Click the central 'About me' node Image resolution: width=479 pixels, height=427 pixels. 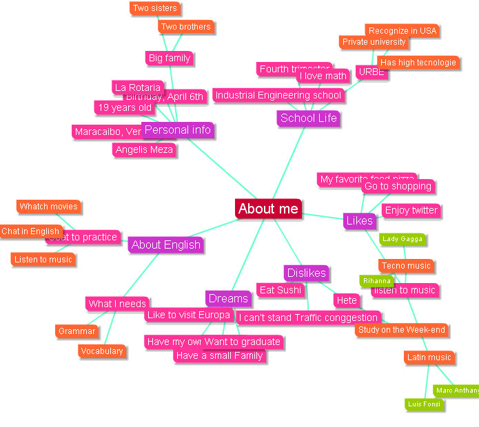click(x=268, y=209)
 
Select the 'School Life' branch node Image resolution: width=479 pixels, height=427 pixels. click(x=308, y=118)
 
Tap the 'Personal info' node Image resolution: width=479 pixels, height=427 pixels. click(x=177, y=129)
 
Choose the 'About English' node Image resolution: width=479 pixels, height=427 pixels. click(x=165, y=244)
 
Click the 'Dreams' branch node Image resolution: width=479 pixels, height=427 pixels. click(x=228, y=298)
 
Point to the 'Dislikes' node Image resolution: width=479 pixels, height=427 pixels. click(x=306, y=273)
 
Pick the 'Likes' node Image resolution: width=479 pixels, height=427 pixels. click(x=359, y=220)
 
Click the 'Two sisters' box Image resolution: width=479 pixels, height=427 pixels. click(x=154, y=8)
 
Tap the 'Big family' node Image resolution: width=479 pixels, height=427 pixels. click(x=169, y=58)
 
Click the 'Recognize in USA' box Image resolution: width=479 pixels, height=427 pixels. click(x=402, y=30)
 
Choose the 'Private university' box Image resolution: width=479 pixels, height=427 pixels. click(x=374, y=42)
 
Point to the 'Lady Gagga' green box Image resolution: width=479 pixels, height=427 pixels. click(x=402, y=239)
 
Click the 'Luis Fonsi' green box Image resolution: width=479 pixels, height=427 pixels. click(x=423, y=404)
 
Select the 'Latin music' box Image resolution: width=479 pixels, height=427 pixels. click(x=429, y=357)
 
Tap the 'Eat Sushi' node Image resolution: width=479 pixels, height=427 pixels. click(x=281, y=290)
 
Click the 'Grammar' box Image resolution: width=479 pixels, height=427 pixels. click(x=77, y=331)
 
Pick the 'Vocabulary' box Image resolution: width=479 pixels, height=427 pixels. click(x=101, y=351)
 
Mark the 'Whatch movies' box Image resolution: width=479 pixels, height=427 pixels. click(x=48, y=206)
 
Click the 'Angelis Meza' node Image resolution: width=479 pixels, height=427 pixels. click(x=144, y=149)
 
